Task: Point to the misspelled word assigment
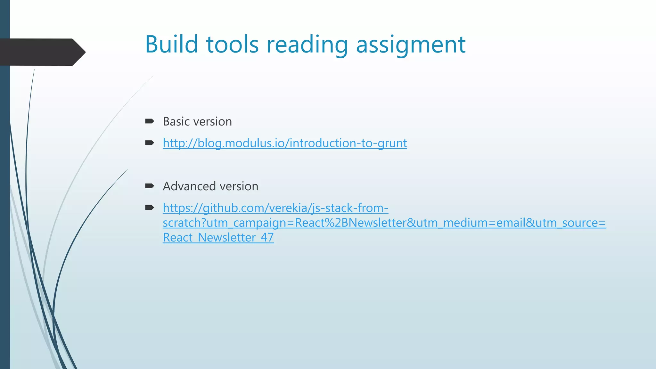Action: [411, 45]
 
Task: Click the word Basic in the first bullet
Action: [176, 122]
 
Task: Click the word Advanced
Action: [189, 186]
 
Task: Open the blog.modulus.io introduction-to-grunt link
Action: [285, 143]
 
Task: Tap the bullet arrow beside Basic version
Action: [150, 121]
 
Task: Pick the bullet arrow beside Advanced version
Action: [150, 186]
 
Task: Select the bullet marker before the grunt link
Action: [150, 143]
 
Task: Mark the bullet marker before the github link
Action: [150, 208]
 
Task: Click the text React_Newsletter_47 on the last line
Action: [218, 238]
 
